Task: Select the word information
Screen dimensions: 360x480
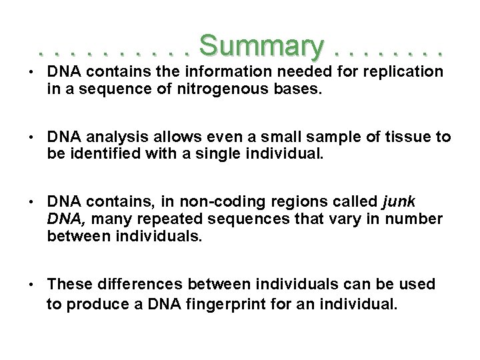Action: click(x=217, y=71)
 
